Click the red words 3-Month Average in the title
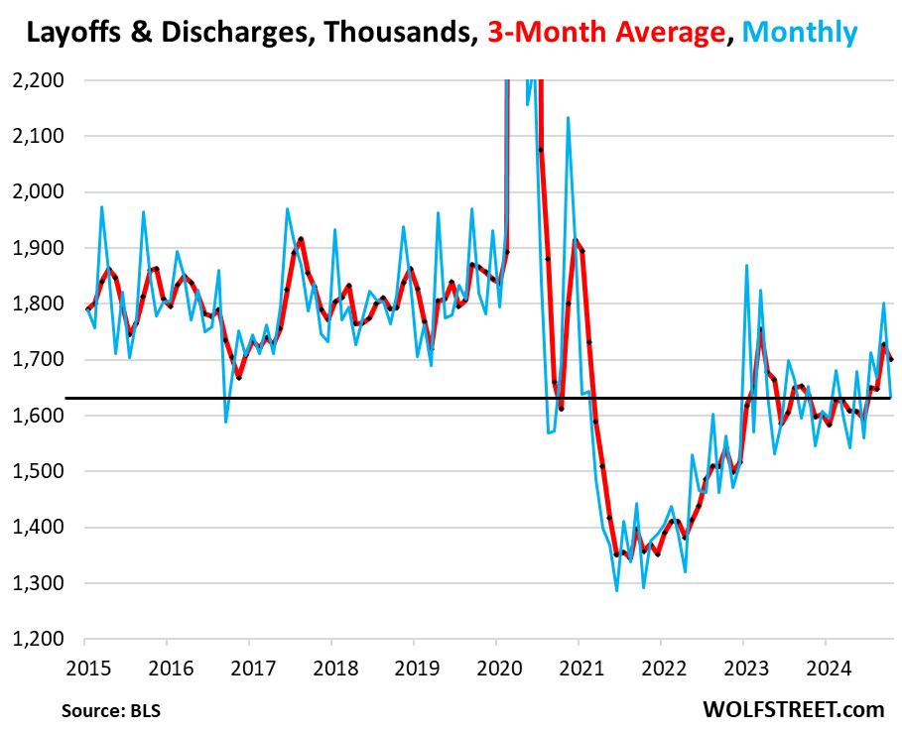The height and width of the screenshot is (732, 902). (605, 33)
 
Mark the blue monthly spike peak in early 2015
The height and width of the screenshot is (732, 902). (101, 207)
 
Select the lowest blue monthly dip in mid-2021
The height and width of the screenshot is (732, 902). (616, 591)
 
